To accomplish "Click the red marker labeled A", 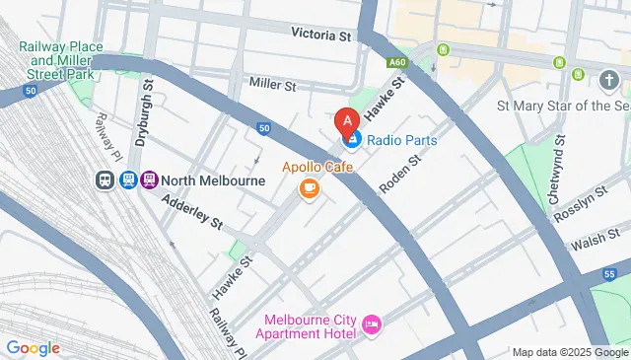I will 346,122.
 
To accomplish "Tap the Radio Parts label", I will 402,140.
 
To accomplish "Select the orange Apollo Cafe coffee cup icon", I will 310,187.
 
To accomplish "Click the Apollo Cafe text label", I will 317,166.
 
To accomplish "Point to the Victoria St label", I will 321,34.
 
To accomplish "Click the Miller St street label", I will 273,86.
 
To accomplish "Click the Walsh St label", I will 592,242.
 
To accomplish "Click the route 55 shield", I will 611,273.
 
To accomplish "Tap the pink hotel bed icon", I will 372,324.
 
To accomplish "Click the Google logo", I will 33,348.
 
